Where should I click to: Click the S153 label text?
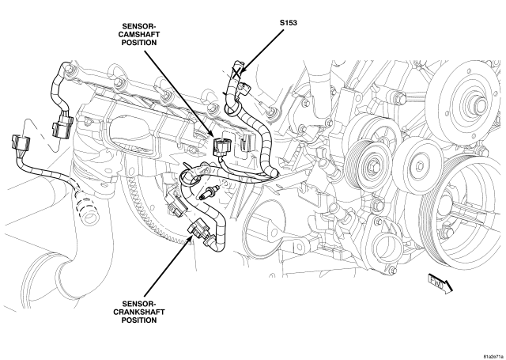[288, 23]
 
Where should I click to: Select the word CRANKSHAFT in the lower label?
[139, 313]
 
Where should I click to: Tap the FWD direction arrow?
[440, 282]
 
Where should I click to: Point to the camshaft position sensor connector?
[221, 146]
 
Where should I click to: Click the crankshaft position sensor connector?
[198, 230]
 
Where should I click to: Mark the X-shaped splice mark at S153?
[238, 72]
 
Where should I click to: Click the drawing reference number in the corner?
[493, 357]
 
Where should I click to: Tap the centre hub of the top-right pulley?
[480, 104]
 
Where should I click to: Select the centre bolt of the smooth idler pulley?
[420, 166]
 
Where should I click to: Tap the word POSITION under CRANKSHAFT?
[139, 320]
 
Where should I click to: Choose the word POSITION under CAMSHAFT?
[139, 43]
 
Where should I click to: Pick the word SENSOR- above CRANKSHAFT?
[139, 304]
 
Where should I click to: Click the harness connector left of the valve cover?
[63, 125]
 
